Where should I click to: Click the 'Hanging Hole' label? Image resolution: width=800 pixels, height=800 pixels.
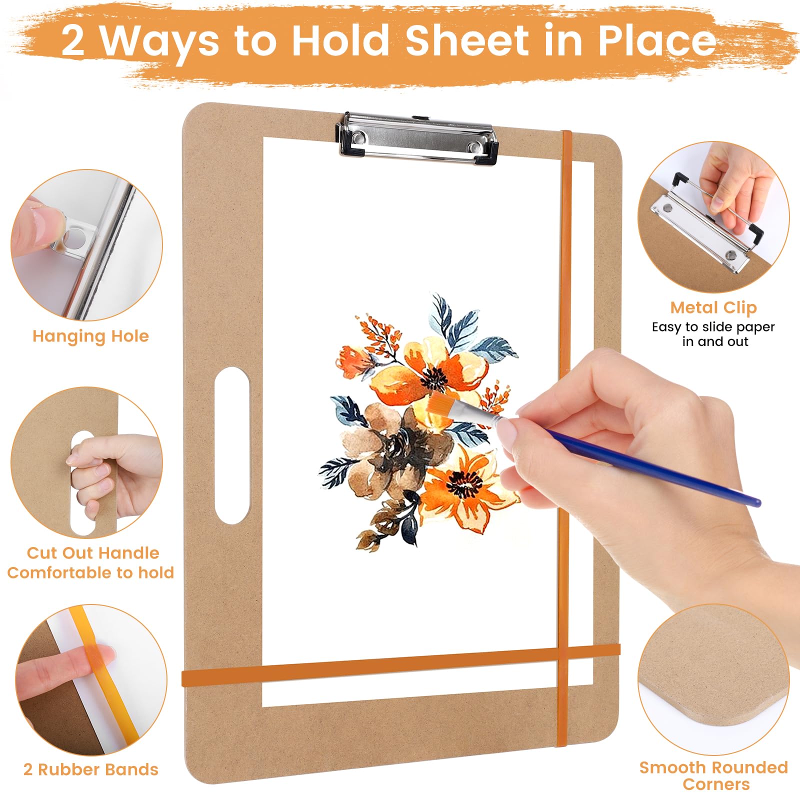click(x=90, y=336)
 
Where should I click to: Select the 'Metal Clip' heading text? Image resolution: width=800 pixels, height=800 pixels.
click(x=713, y=307)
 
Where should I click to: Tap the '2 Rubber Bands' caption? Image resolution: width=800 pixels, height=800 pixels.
click(x=90, y=769)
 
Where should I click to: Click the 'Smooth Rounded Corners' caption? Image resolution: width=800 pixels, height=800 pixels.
click(x=714, y=775)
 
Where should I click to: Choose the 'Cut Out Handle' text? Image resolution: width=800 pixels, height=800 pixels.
click(x=93, y=552)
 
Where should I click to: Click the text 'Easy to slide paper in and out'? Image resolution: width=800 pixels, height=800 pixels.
click(x=713, y=334)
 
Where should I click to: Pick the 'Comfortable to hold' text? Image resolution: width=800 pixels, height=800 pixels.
click(x=90, y=572)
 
